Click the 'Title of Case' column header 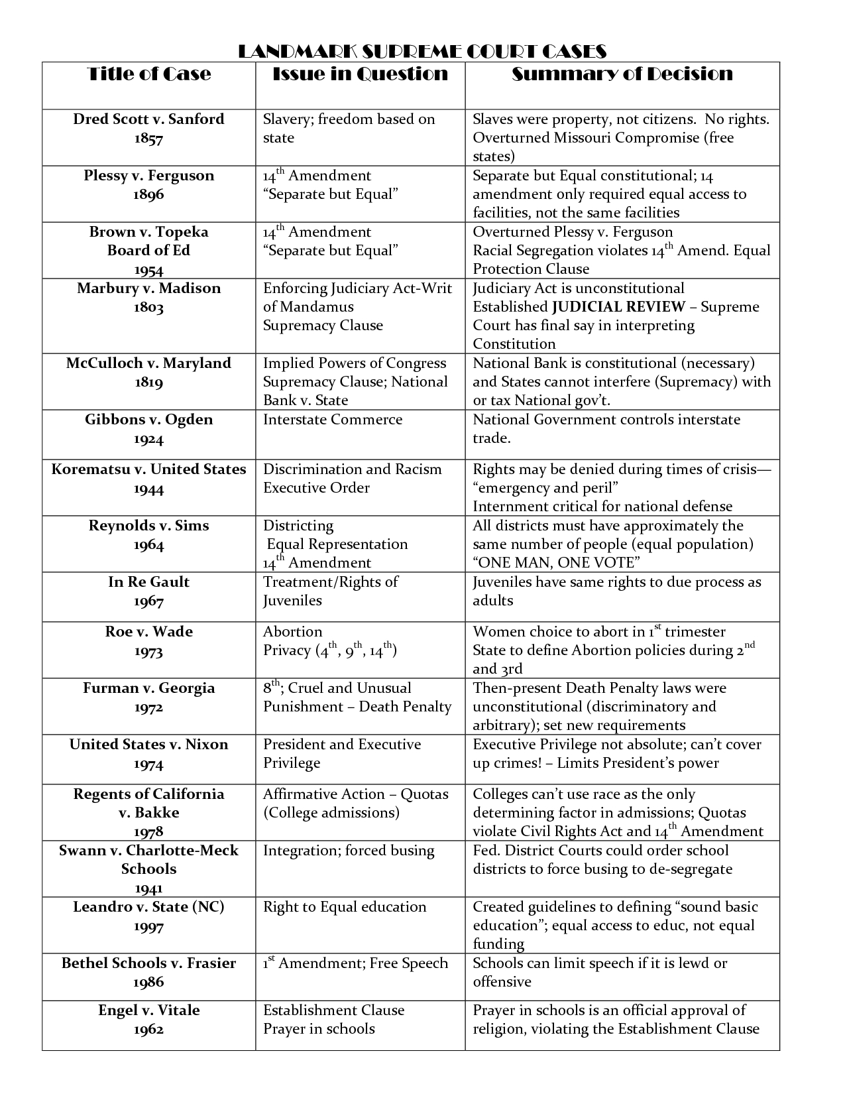click(x=149, y=74)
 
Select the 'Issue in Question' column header click(x=361, y=74)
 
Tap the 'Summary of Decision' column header click(x=622, y=74)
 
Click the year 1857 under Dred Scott click(x=148, y=139)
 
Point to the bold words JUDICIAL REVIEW click(x=619, y=307)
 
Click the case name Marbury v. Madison click(x=148, y=288)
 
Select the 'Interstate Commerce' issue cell click(x=333, y=420)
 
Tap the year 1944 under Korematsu click(x=148, y=489)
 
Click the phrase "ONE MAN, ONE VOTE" click(x=556, y=563)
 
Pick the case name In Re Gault click(x=148, y=582)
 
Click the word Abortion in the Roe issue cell click(x=292, y=632)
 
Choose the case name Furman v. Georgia click(x=148, y=688)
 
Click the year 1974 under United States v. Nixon click(x=148, y=764)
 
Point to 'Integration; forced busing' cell click(x=349, y=851)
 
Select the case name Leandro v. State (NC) click(x=148, y=907)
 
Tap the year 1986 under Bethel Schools click(x=148, y=982)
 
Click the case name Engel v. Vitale click(x=148, y=1010)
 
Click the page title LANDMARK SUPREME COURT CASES click(x=422, y=52)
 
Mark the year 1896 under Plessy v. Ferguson click(x=148, y=195)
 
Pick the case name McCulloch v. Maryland click(x=148, y=363)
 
